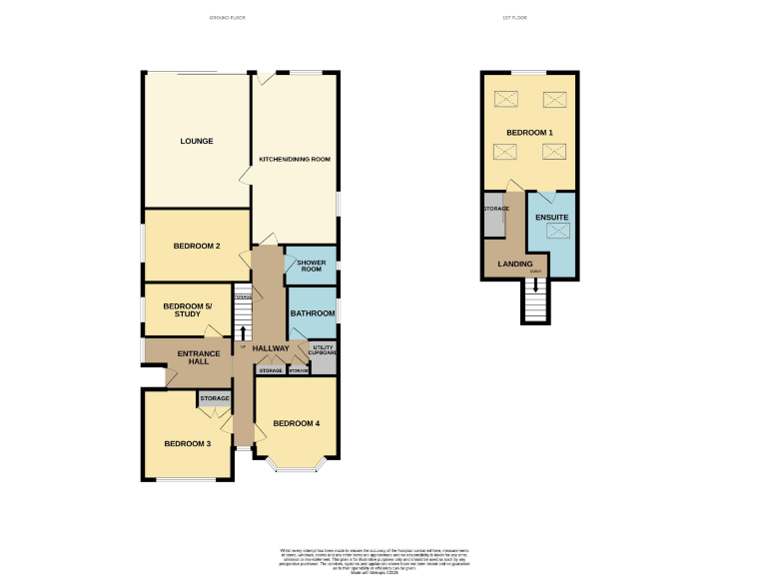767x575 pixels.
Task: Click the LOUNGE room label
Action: click(197, 141)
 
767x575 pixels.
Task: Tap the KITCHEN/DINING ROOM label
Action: click(295, 159)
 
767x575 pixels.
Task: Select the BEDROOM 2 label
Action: click(197, 246)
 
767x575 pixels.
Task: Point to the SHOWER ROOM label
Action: click(311, 266)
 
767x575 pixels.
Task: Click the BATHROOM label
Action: click(313, 312)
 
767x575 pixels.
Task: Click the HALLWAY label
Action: click(270, 347)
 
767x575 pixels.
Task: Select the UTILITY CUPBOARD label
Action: click(322, 349)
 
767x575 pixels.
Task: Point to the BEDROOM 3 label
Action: click(188, 443)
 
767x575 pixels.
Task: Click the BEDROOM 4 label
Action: click(298, 423)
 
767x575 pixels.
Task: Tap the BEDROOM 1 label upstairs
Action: click(529, 132)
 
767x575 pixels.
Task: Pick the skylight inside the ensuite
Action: click(557, 232)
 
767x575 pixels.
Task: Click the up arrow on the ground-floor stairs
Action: click(242, 331)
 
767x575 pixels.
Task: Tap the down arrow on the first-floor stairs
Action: click(536, 285)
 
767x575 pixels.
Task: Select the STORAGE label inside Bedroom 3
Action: click(215, 399)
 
